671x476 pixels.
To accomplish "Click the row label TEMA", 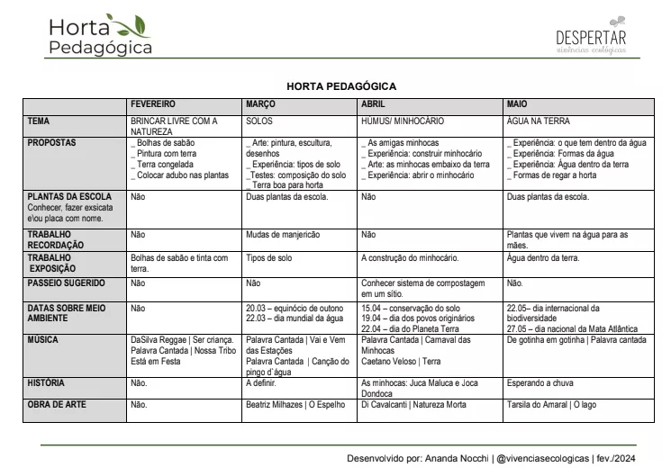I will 39,121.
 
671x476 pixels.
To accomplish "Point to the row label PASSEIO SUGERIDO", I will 66,283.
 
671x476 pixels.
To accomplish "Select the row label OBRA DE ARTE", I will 57,405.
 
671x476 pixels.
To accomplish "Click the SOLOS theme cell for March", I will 258,121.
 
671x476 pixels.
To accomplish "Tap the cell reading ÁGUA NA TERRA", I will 539,121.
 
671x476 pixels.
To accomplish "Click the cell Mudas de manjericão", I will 283,235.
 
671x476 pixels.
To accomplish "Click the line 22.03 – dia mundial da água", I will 294,318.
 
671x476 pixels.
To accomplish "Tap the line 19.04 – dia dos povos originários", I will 417,318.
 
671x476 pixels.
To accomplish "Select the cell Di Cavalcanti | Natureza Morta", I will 413,405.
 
